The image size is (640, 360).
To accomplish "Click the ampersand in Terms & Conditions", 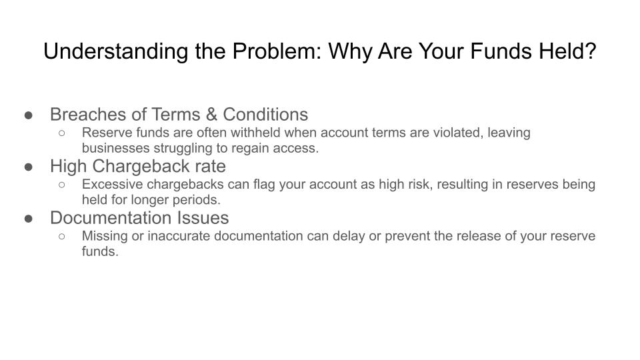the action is click(211, 114).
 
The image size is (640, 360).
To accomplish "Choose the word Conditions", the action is click(265, 114).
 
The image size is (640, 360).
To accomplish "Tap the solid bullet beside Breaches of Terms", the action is click(29, 115).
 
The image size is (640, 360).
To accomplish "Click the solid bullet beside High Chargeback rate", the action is click(29, 167).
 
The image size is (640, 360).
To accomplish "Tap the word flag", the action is click(264, 185).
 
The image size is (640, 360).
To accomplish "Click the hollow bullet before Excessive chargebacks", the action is click(61, 185).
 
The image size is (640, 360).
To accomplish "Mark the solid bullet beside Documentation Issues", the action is click(29, 219).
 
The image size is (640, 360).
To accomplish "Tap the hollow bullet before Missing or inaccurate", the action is click(61, 236).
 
